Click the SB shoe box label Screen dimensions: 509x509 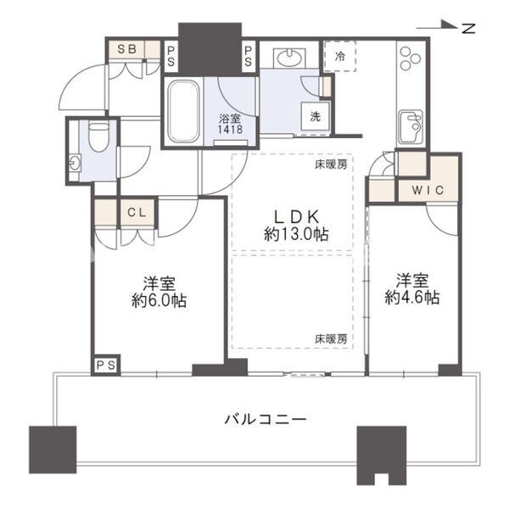[x=126, y=49]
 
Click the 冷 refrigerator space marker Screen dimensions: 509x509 [x=340, y=58]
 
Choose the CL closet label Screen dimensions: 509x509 [x=136, y=212]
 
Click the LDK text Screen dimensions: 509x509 [x=296, y=216]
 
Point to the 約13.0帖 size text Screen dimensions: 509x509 [x=296, y=234]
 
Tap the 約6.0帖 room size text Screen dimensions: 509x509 [x=158, y=299]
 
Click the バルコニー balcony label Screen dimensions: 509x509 [x=265, y=418]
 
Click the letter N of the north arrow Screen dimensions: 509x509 [x=467, y=28]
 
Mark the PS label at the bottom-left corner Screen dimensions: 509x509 [x=105, y=364]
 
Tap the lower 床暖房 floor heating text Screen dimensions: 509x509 [x=332, y=338]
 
